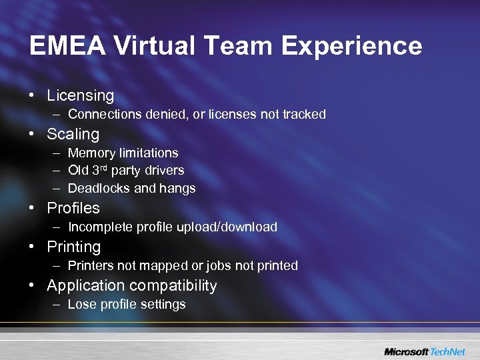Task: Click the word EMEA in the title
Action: [66, 46]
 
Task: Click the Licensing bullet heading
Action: [80, 96]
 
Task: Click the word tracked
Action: [304, 114]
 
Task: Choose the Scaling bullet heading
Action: [73, 134]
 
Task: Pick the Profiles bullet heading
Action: [73, 208]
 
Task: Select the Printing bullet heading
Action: [73, 247]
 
